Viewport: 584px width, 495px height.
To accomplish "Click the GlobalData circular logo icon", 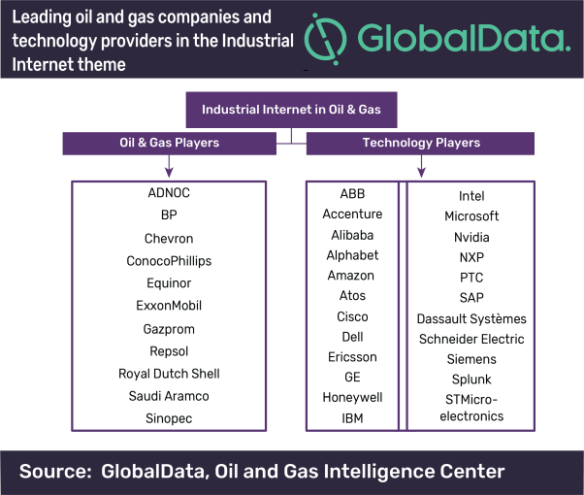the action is point(326,39).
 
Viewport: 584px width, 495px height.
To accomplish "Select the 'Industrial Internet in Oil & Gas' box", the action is point(291,110).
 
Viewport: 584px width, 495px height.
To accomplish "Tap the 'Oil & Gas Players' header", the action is point(170,143).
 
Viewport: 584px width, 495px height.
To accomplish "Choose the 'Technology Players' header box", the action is point(420,143).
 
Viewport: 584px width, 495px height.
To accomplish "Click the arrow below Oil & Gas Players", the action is point(169,166).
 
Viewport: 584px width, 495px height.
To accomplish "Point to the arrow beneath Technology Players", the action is point(421,166).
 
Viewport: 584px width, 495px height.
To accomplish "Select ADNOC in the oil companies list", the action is point(169,193).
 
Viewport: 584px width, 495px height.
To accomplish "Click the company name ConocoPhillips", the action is point(169,261).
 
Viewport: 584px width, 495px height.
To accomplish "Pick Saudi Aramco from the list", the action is point(169,396).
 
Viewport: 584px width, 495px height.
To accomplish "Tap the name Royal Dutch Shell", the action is point(169,374).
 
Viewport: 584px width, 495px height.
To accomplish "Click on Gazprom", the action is point(169,329).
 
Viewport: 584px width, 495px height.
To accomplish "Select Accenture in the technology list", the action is point(352,214).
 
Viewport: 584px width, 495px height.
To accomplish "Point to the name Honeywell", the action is point(352,397).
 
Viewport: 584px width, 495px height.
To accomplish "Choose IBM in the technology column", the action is point(352,418).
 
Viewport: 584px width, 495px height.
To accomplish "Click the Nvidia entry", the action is point(471,237).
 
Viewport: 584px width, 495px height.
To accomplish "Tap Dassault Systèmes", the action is point(471,319).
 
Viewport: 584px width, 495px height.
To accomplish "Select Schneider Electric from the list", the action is point(471,339).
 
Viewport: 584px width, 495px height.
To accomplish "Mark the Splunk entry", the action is point(471,379).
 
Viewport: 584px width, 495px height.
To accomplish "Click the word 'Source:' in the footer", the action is point(55,471).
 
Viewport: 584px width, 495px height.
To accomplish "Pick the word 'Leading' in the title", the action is point(42,17).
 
